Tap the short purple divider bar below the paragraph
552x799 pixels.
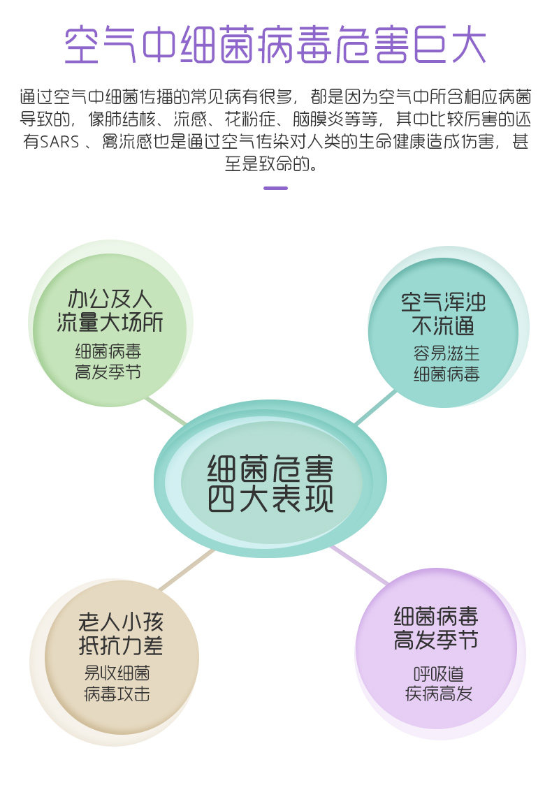point(275,188)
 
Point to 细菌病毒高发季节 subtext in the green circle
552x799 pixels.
point(109,362)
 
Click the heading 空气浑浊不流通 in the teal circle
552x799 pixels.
point(443,314)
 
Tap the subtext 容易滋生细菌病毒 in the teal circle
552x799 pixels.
point(446,364)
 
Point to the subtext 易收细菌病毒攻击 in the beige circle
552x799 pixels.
point(117,683)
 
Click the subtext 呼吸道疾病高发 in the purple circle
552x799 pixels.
point(438,684)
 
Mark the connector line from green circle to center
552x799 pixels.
point(166,411)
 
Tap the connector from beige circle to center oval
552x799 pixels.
point(185,569)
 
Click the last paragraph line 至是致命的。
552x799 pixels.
point(275,166)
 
